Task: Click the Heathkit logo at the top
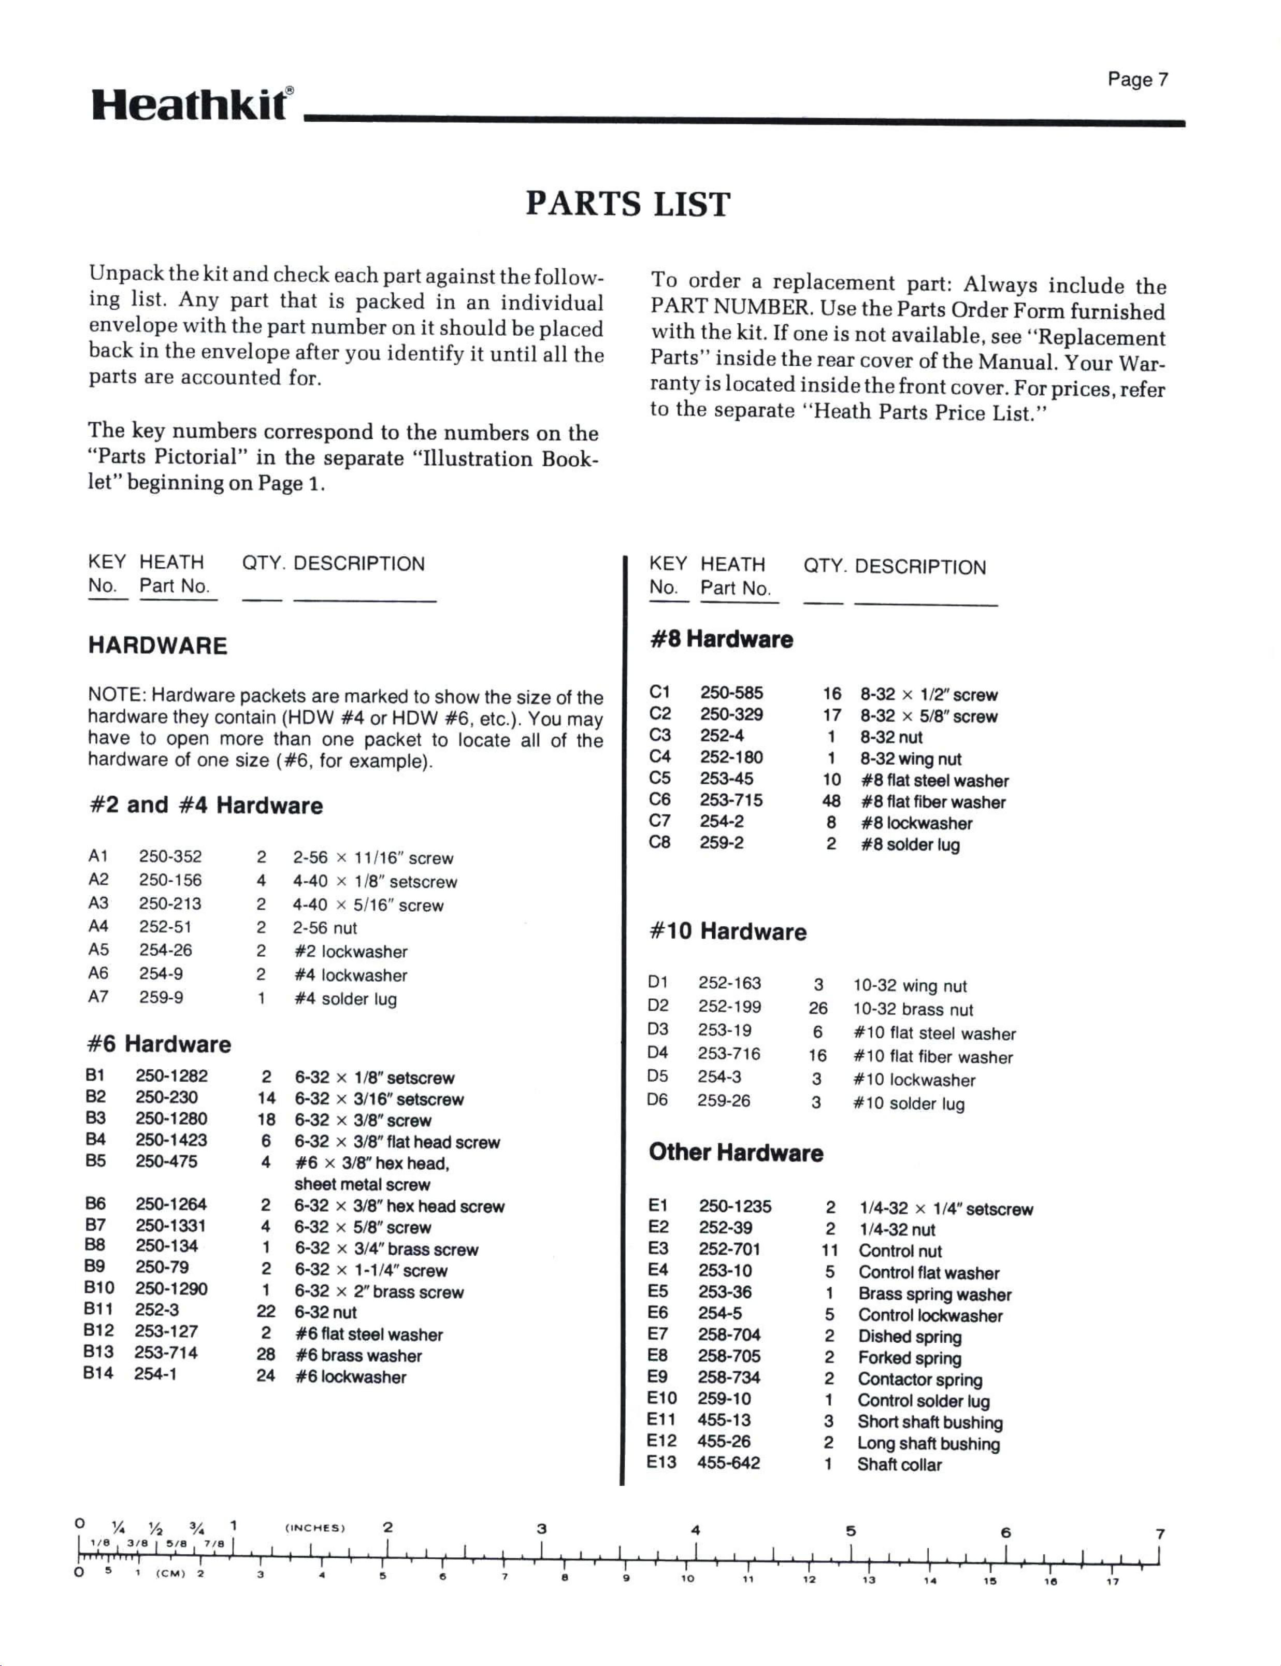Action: coord(191,105)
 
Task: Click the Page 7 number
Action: coord(1137,79)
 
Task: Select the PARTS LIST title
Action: coord(627,204)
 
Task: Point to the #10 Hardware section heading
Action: coord(727,931)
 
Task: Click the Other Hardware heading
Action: coord(736,1152)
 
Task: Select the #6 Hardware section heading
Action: coord(159,1044)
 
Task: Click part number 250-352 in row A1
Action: coord(170,856)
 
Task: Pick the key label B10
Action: coord(99,1288)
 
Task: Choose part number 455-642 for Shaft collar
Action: coord(728,1462)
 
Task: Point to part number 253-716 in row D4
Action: coord(729,1054)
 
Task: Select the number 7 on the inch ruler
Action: coord(1160,1533)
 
